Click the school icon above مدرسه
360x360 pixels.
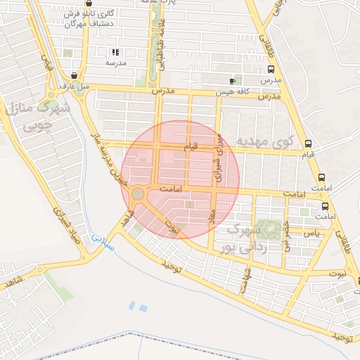[x=116, y=52]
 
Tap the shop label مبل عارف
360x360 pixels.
[x=75, y=86]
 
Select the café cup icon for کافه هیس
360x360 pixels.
[x=232, y=82]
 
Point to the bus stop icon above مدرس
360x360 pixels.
[x=271, y=70]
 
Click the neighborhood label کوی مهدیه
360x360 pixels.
[x=268, y=141]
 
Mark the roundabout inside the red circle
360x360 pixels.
[x=138, y=193]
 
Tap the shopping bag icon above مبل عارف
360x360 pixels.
[x=75, y=75]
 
